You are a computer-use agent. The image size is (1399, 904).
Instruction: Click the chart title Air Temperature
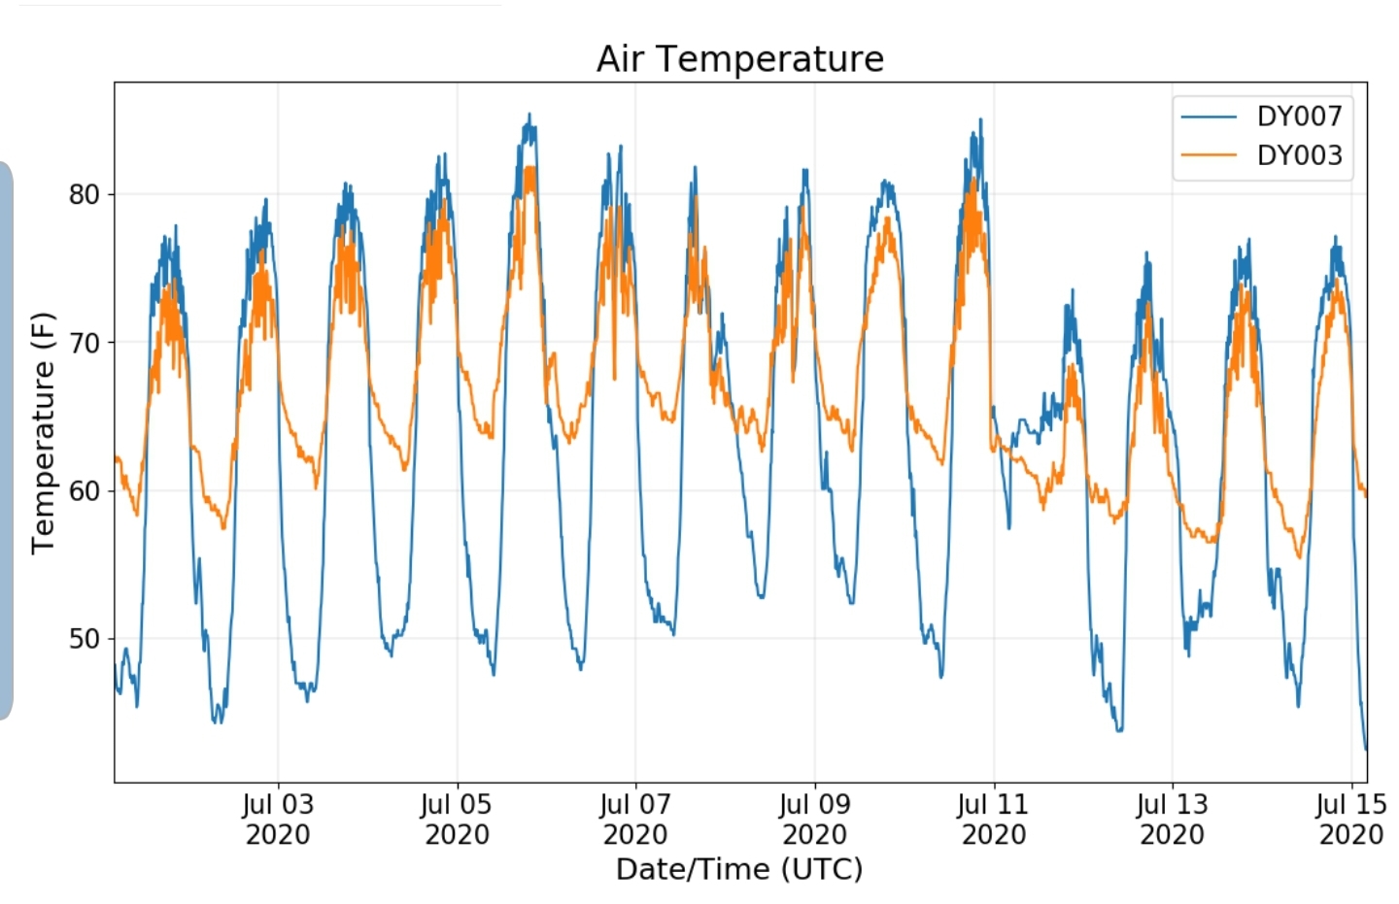[740, 59]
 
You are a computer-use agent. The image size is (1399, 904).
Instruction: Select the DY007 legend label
[1300, 117]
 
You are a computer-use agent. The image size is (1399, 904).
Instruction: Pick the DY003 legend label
[1300, 155]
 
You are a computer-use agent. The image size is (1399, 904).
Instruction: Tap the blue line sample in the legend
[1209, 117]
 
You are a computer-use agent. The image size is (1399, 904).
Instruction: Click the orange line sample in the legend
[1209, 154]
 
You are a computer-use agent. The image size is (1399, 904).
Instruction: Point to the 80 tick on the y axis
[85, 195]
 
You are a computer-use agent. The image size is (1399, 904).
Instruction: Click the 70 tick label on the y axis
[85, 343]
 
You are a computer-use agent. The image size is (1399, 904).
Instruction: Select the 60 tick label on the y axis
[85, 491]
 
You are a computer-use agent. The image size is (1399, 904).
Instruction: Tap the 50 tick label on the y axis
[85, 639]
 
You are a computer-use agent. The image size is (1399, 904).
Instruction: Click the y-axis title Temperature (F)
[43, 433]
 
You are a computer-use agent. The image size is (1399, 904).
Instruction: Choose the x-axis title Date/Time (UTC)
[739, 870]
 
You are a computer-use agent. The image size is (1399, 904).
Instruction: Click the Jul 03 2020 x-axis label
[278, 820]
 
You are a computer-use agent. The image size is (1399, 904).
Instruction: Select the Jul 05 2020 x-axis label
[458, 820]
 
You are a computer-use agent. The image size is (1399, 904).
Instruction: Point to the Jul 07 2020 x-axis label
[635, 820]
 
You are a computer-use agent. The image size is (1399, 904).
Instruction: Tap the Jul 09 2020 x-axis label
[815, 820]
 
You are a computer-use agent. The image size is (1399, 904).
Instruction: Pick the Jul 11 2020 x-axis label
[994, 820]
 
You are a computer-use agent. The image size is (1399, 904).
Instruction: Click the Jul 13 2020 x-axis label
[1173, 820]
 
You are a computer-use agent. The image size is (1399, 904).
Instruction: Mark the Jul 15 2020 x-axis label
[1351, 820]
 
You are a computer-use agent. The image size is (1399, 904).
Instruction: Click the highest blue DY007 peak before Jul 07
[529, 115]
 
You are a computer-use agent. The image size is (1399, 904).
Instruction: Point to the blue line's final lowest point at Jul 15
[1366, 750]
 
